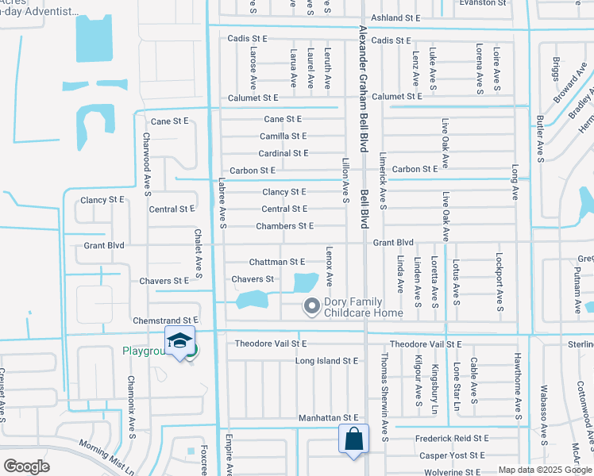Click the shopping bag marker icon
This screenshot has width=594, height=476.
(353, 439)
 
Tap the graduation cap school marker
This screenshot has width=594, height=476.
(180, 340)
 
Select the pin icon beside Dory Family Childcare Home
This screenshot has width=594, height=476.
(311, 305)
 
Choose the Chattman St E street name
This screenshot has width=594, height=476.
(277, 261)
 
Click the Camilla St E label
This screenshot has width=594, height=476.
(283, 136)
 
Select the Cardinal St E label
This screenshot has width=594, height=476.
(283, 153)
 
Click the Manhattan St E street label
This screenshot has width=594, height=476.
(329, 417)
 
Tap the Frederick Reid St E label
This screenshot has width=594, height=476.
(450, 438)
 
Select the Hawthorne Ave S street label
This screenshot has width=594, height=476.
(517, 386)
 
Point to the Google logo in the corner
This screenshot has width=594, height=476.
(26, 466)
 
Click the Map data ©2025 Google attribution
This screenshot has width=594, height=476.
(544, 470)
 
